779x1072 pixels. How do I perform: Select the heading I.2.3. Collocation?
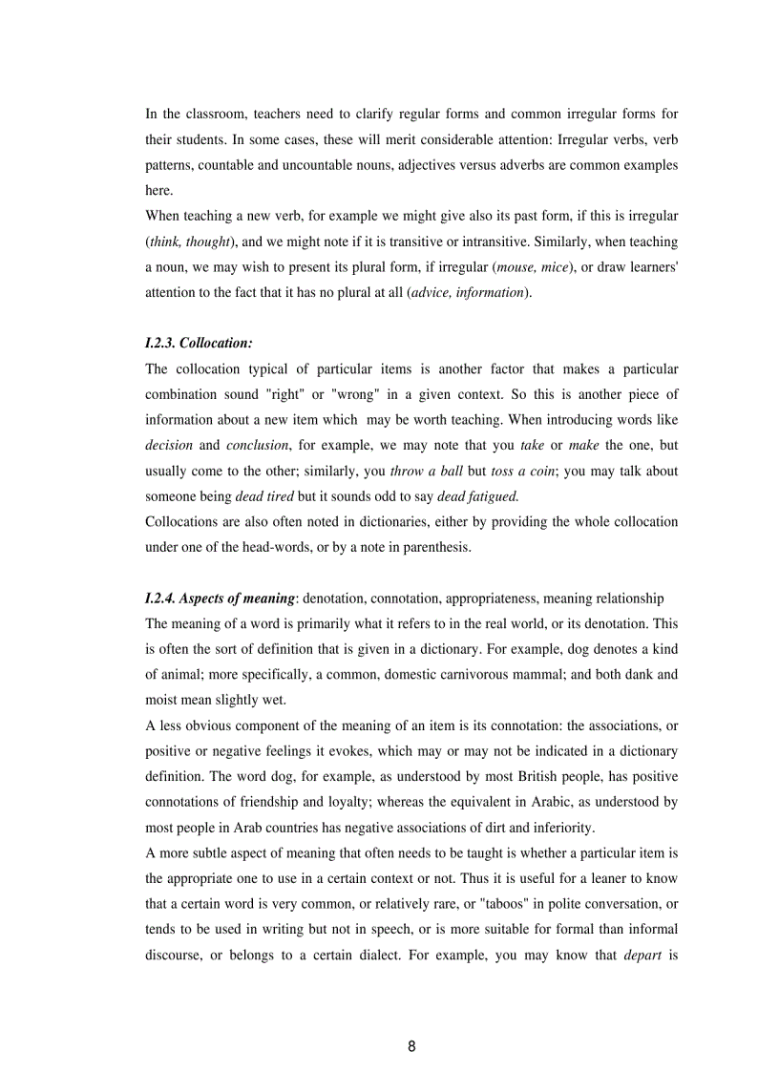pos(199,342)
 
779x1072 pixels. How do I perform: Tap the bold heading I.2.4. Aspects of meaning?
pos(220,599)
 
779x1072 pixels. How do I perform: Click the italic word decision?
pos(169,445)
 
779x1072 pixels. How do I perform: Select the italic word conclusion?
pos(259,445)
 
